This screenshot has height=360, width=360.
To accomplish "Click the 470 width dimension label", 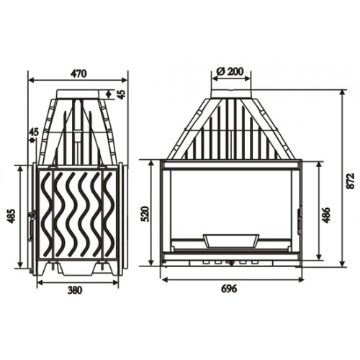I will click(79, 73).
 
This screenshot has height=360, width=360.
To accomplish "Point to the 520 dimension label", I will click(143, 213).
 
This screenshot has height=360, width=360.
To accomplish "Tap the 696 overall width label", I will click(228, 289).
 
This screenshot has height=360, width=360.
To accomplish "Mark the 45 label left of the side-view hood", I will click(33, 132).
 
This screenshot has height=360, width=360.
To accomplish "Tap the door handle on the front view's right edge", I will click(299, 222).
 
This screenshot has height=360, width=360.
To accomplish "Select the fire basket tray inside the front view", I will click(230, 239).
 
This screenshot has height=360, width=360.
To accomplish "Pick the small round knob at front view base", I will click(232, 263).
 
